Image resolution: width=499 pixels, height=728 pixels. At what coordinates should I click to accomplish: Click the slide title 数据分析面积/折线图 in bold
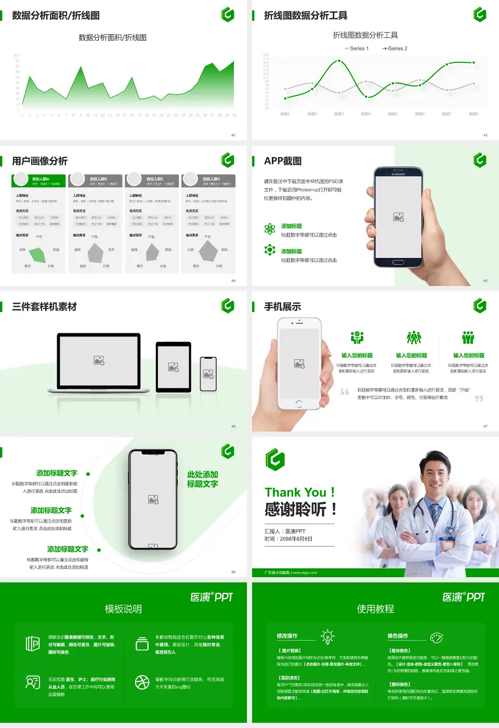tap(56, 16)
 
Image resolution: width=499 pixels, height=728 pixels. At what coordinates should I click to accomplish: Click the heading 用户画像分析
tap(40, 161)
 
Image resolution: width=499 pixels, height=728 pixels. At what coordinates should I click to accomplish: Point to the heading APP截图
tap(283, 161)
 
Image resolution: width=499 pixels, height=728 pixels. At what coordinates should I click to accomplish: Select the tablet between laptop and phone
tap(174, 367)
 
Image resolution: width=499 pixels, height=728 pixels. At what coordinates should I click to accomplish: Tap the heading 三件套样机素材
tap(45, 307)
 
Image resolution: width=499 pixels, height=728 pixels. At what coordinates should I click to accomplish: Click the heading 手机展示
tap(283, 307)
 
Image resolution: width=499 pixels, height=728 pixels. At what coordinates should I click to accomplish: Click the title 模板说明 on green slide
tap(123, 609)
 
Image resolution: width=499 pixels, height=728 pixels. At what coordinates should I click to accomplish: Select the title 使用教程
tap(375, 609)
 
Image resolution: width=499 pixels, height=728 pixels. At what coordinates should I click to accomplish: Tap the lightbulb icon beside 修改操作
tap(327, 636)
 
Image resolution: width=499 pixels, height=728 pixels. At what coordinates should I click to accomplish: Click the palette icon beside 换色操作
tap(436, 637)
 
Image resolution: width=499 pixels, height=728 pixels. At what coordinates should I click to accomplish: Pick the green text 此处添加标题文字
tap(203, 479)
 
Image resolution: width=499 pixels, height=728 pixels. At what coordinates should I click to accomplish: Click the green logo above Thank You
tap(275, 459)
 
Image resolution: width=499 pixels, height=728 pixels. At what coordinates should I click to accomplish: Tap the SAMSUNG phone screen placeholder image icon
tap(399, 217)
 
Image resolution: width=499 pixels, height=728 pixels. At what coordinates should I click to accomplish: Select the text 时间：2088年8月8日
tap(288, 539)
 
